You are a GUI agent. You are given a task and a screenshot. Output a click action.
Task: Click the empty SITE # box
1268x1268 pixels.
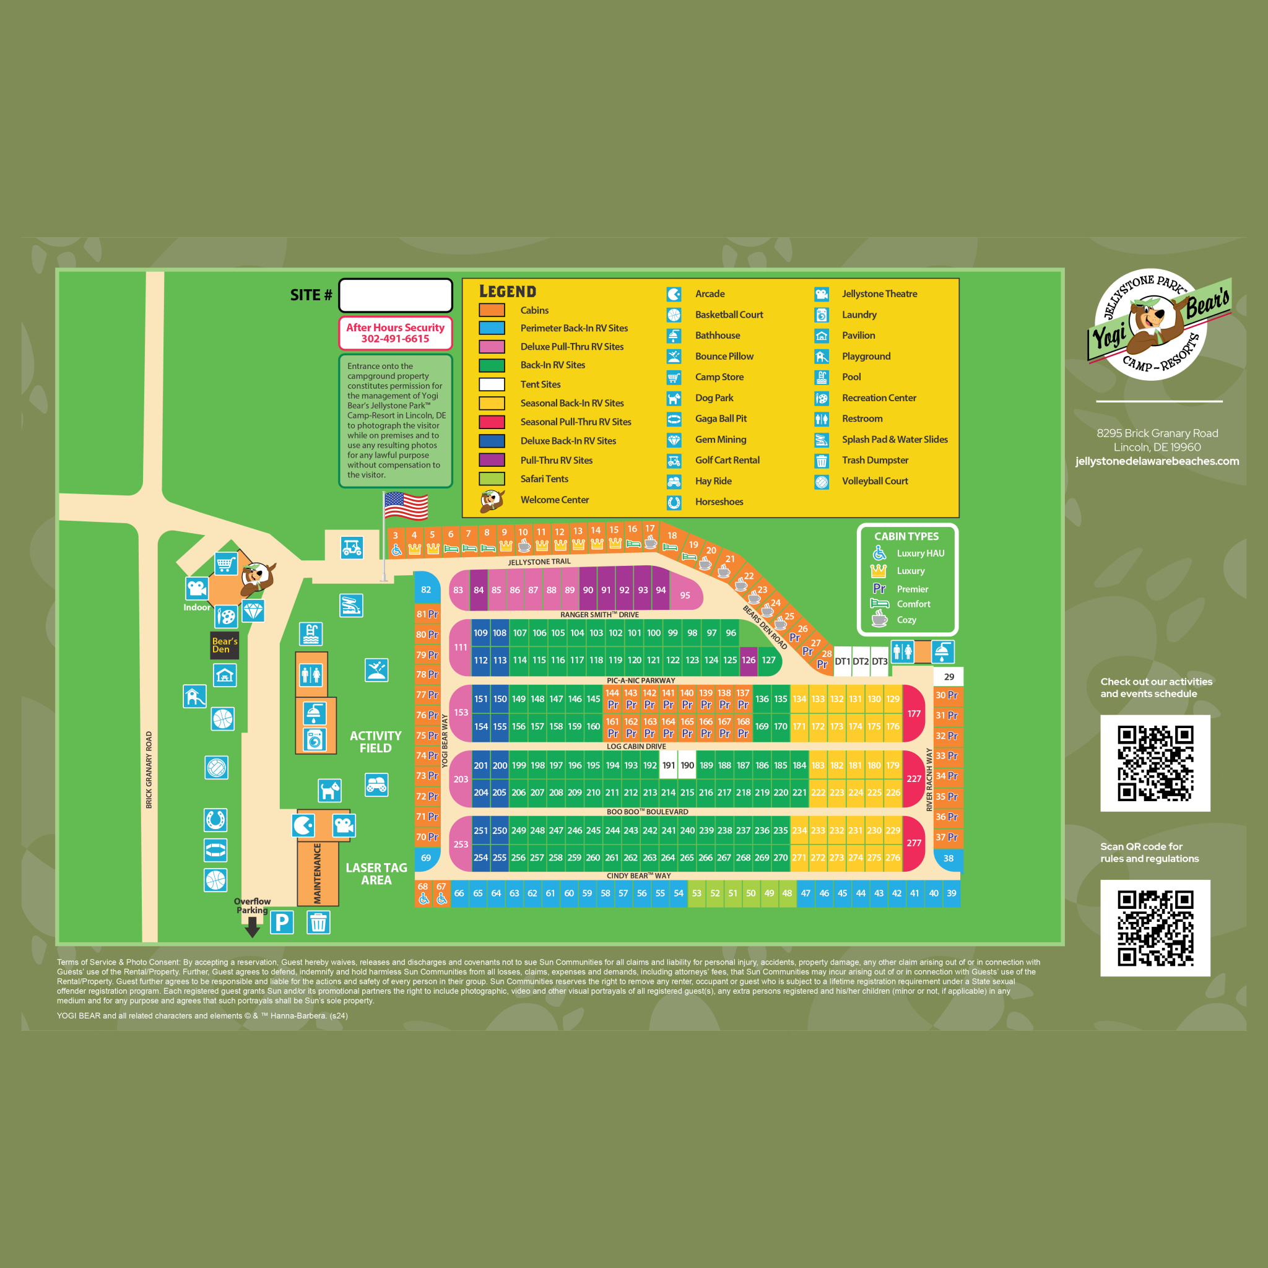[x=395, y=295]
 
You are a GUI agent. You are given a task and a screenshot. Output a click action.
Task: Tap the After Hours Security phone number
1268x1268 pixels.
[x=395, y=339]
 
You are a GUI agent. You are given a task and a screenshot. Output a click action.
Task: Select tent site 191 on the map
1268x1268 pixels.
[x=668, y=765]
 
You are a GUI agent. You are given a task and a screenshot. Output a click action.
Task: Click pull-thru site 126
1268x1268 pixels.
[x=748, y=660]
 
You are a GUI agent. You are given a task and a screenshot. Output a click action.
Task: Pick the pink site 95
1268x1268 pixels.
[x=685, y=595]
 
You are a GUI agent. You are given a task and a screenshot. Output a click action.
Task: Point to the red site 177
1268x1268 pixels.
[x=914, y=713]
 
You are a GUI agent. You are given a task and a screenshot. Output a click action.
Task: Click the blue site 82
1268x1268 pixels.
[x=426, y=589]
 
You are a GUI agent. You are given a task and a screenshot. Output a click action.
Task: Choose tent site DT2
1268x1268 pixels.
[x=861, y=662]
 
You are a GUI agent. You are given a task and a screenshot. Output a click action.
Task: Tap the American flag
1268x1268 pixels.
[x=406, y=506]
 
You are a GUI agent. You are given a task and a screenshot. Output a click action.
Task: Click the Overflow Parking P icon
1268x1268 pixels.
[x=282, y=922]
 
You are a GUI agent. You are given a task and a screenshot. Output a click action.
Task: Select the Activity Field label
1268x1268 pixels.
[x=375, y=742]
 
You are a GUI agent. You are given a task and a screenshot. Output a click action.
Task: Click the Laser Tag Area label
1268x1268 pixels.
[x=376, y=874]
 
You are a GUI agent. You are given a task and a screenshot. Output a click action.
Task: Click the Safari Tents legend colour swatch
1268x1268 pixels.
[x=492, y=479]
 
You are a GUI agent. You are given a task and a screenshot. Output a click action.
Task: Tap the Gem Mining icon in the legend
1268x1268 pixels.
[x=674, y=440]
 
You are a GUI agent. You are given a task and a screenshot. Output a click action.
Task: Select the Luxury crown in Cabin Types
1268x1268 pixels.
[x=878, y=571]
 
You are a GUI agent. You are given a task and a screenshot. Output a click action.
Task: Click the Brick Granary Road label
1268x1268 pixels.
[x=149, y=769]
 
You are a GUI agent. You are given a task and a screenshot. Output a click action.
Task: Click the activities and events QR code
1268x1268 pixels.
[x=1155, y=763]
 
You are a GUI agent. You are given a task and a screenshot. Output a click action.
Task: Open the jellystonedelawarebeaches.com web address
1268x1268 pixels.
[x=1157, y=461]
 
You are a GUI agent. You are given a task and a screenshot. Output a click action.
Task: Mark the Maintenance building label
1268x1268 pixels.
[x=318, y=874]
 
